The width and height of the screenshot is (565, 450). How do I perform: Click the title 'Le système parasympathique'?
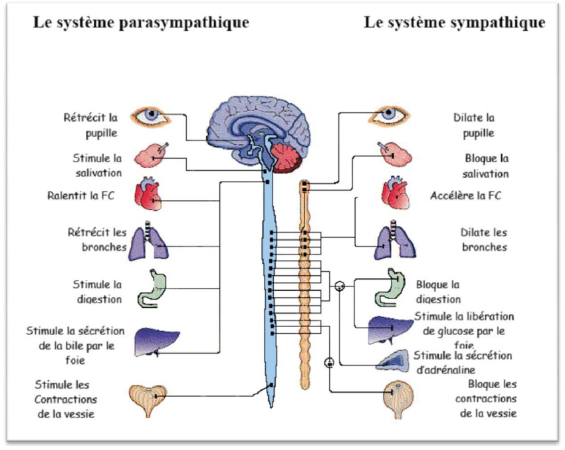pos(142,22)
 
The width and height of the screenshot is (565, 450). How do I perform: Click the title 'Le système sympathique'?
pos(455,22)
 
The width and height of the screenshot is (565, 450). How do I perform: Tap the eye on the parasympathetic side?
pos(152,116)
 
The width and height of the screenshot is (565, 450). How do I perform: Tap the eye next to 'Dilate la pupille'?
pos(391,116)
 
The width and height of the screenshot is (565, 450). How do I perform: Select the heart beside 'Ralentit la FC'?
pos(149,193)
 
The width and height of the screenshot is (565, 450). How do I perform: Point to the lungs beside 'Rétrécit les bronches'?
pos(149,241)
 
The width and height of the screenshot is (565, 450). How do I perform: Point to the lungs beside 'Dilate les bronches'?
pos(392,241)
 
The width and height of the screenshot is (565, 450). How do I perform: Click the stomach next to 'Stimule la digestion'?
pos(153,287)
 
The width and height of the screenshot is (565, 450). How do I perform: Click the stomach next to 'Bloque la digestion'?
pos(391,285)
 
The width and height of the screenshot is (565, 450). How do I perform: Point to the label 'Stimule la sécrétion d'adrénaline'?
pos(463,362)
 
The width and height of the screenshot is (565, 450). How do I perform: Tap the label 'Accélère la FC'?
pos(466,196)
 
